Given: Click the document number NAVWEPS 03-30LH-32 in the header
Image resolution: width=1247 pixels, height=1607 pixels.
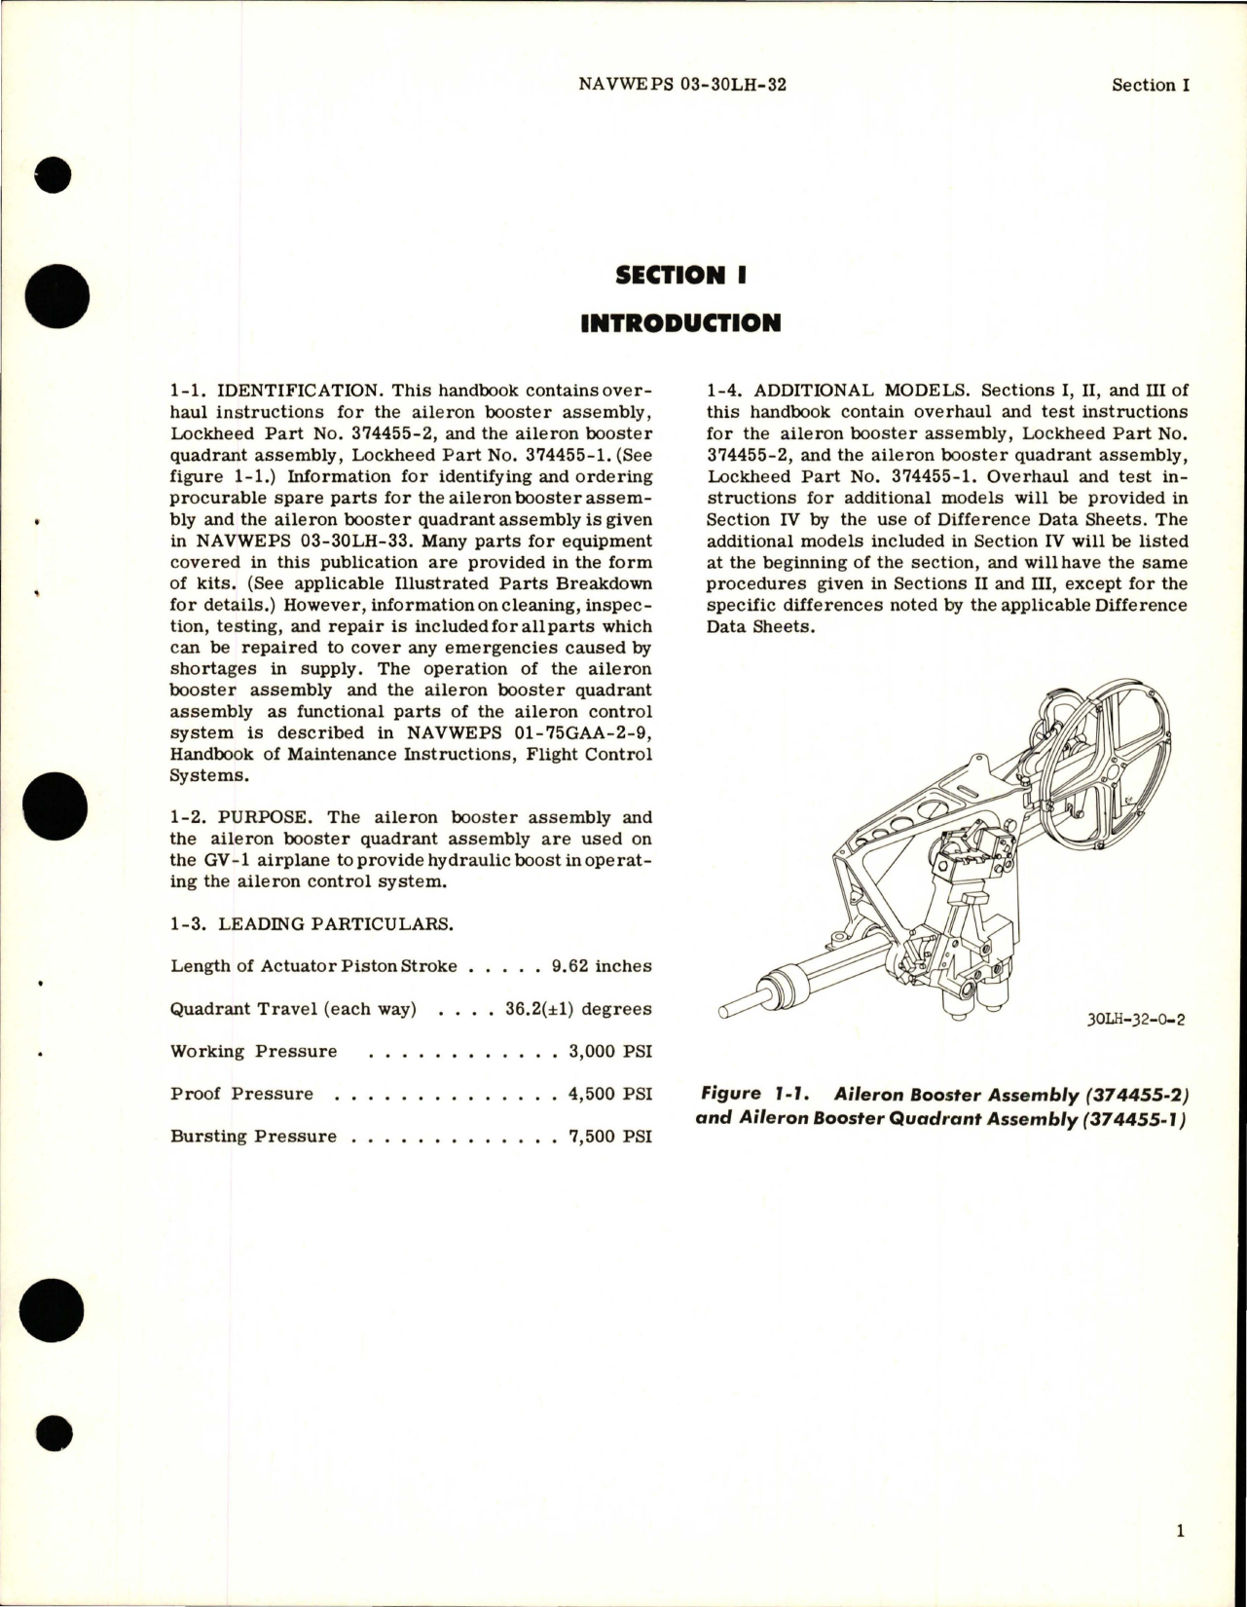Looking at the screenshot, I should [x=681, y=85].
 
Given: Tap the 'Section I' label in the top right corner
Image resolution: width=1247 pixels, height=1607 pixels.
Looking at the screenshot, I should [x=1151, y=85].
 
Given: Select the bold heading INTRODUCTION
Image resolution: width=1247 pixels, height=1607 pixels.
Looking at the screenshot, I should [x=680, y=322].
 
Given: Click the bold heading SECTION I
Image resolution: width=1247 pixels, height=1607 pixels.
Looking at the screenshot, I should [x=680, y=275].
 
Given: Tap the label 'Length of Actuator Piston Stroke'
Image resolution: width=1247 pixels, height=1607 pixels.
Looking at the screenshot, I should [x=313, y=966].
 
